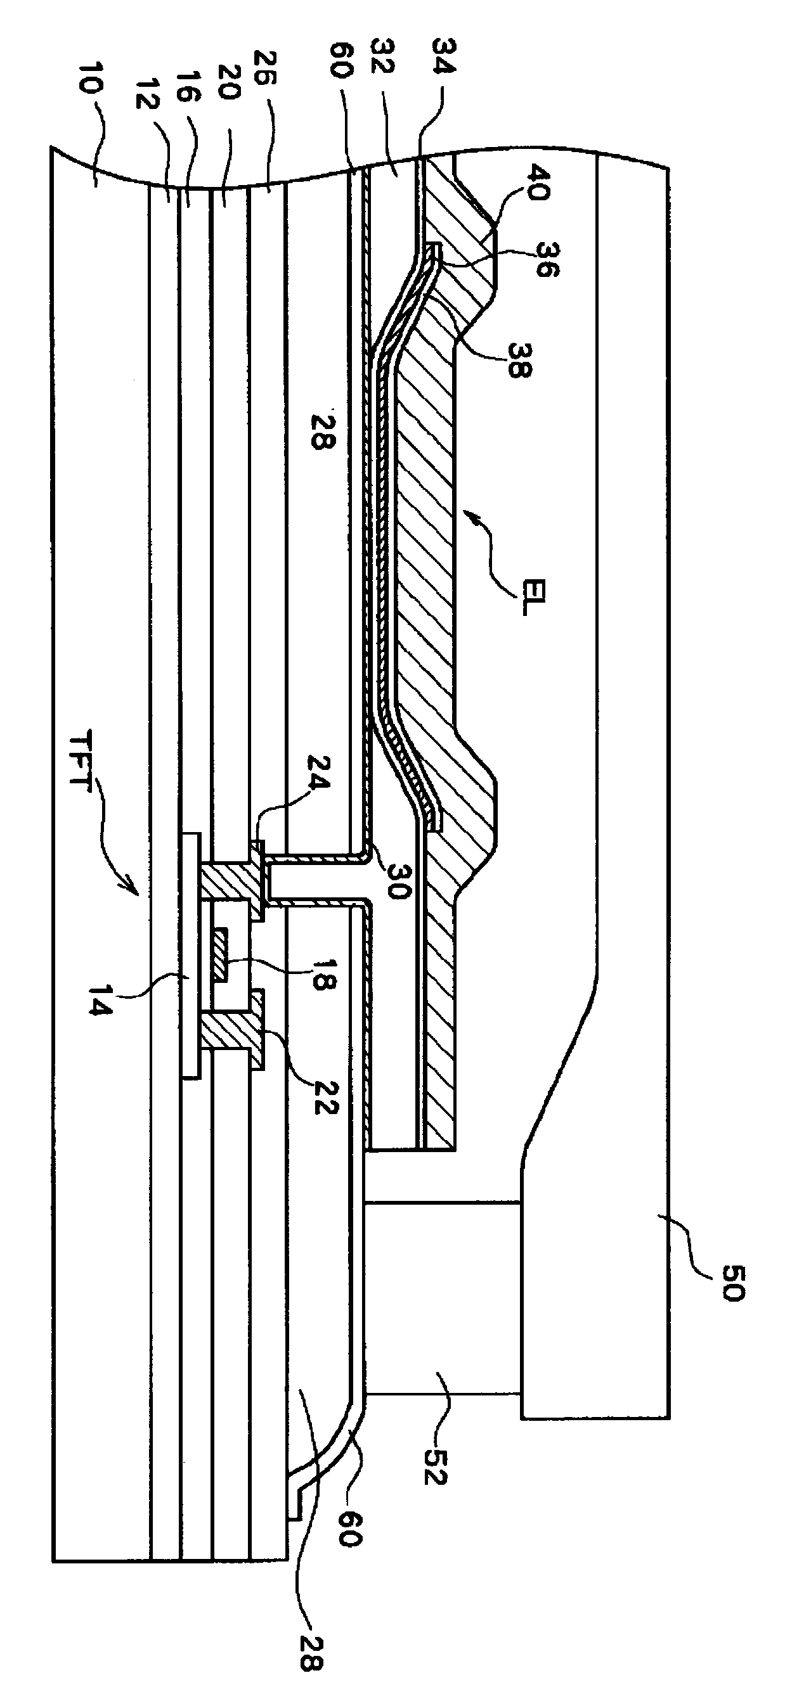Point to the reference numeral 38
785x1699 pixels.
click(x=519, y=358)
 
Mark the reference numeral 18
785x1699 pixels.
click(x=320, y=971)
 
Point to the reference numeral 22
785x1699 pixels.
click(x=321, y=1096)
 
